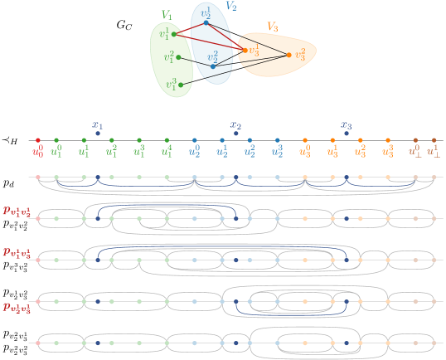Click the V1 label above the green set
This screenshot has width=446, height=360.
click(x=167, y=15)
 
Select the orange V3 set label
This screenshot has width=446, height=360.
click(x=272, y=27)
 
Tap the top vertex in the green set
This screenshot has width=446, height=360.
click(x=176, y=35)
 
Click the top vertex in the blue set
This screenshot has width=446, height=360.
click(x=206, y=22)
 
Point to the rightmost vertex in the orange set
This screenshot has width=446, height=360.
click(x=288, y=56)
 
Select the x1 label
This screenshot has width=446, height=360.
click(x=97, y=124)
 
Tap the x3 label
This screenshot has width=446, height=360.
click(x=347, y=124)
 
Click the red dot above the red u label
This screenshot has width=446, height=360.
click(x=38, y=140)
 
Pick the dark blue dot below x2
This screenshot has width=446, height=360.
click(x=235, y=134)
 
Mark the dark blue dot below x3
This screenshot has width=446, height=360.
click(x=347, y=134)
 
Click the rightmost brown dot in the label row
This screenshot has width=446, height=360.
click(x=434, y=140)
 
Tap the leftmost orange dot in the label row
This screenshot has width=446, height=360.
click(x=305, y=140)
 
